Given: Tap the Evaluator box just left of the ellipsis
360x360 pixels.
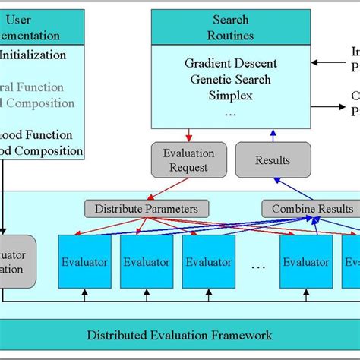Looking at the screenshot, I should pos(209,261).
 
